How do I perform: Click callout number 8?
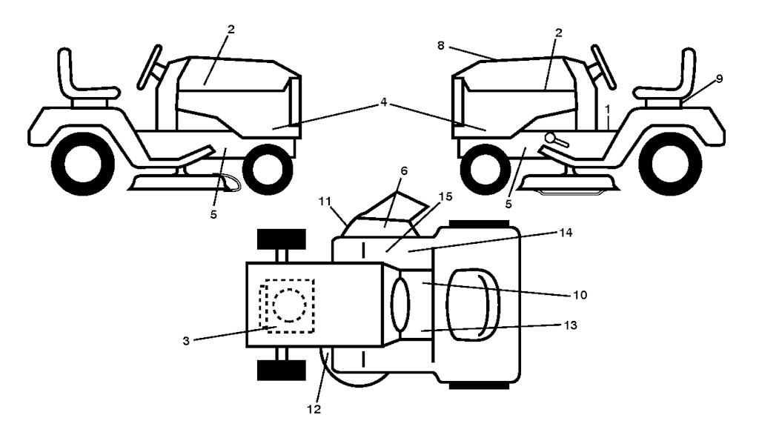click(x=440, y=45)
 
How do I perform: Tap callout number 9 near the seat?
click(x=719, y=79)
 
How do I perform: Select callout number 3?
click(x=186, y=341)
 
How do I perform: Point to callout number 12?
click(x=314, y=409)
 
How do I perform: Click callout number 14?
click(x=566, y=233)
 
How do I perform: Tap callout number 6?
click(x=404, y=171)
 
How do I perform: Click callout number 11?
click(x=325, y=200)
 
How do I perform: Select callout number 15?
click(x=445, y=196)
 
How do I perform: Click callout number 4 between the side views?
click(x=383, y=102)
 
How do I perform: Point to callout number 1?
click(x=608, y=110)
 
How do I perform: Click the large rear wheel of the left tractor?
click(x=82, y=164)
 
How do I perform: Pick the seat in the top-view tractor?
click(x=473, y=304)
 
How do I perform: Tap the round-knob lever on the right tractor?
click(x=557, y=139)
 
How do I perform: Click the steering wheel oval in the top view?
click(x=400, y=305)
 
